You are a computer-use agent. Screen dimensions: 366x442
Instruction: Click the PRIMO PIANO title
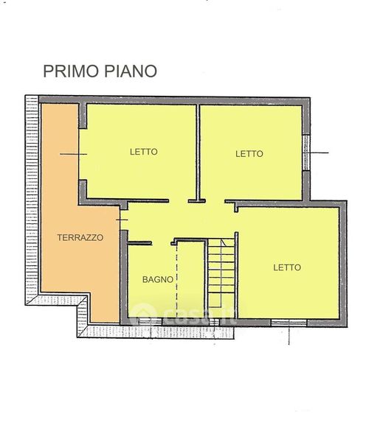pyautogui.click(x=100, y=71)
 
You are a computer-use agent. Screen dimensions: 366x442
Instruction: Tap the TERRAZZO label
pyautogui.click(x=80, y=238)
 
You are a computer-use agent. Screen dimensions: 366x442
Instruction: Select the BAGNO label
pyautogui.click(x=158, y=280)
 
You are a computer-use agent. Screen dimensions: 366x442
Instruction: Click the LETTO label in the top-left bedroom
pyautogui.click(x=144, y=152)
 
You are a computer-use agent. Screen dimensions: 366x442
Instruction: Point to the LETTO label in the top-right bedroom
pyautogui.click(x=249, y=154)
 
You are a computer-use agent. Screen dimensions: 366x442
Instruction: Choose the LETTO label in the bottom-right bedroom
pyautogui.click(x=287, y=267)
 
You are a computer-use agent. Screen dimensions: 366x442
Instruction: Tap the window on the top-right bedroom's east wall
pyautogui.click(x=306, y=152)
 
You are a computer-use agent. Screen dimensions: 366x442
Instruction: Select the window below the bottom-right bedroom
pyautogui.click(x=289, y=323)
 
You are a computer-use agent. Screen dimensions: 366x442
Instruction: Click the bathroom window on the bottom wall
pyautogui.click(x=147, y=322)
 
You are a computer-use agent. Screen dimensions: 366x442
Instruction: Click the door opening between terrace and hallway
pyautogui.click(x=123, y=220)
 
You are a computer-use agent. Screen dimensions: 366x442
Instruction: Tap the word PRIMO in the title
pyautogui.click(x=71, y=71)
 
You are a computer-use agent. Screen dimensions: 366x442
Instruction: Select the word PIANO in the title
pyautogui.click(x=131, y=71)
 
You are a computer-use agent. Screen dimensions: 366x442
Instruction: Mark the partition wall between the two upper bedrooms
pyautogui.click(x=198, y=152)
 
